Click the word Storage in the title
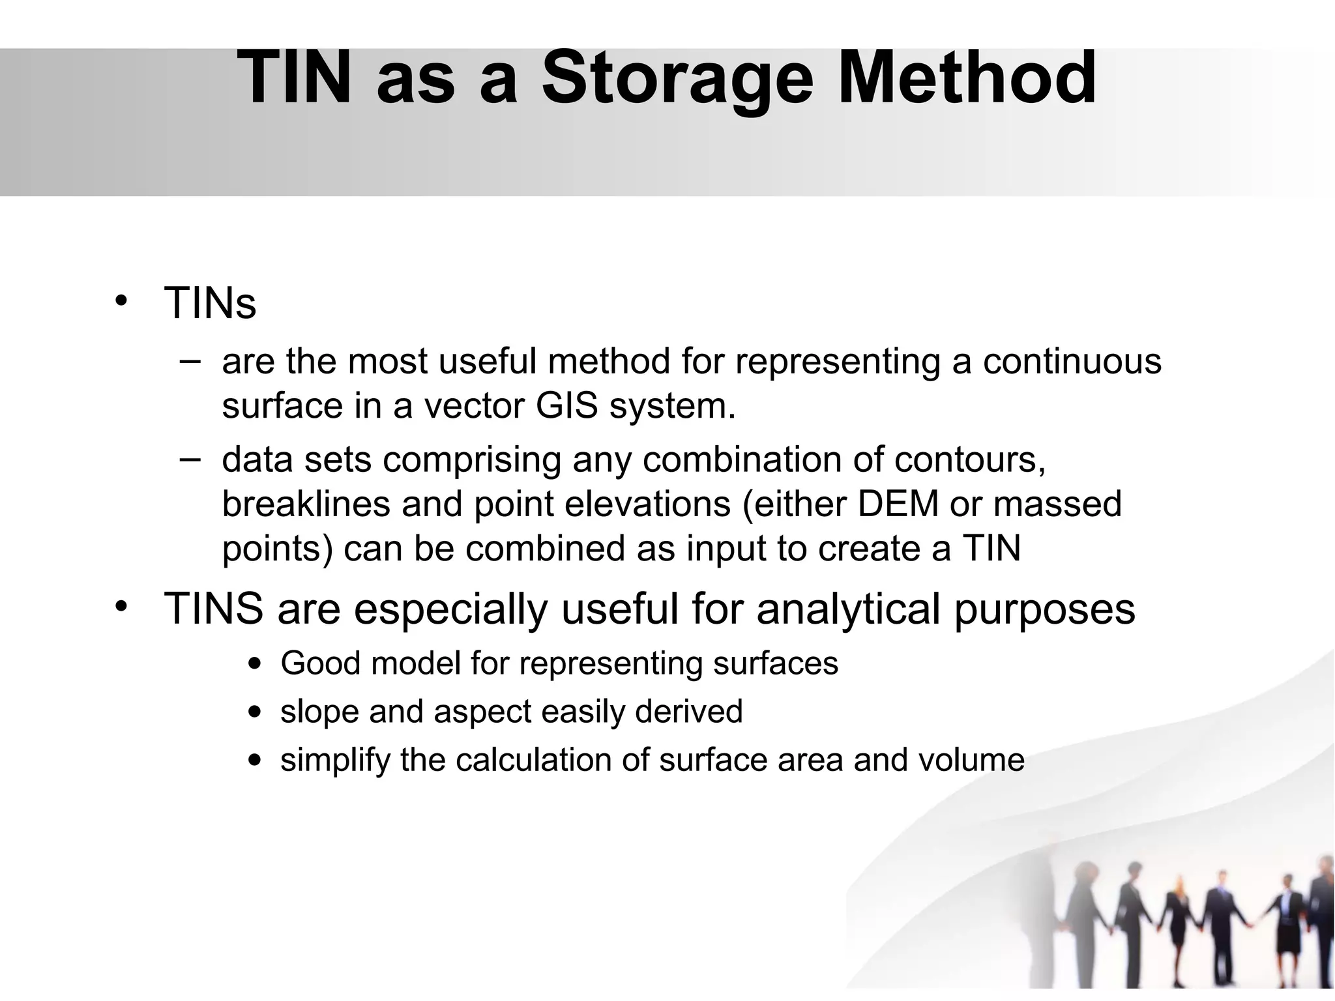coord(677,78)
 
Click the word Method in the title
coord(966,78)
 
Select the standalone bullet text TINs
coord(210,303)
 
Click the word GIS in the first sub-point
coord(566,406)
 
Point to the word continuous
coord(1072,362)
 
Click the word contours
coord(970,460)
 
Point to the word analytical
coord(848,609)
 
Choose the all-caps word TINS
coord(213,609)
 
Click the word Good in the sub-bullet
coord(319,664)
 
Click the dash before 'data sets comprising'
coord(189,459)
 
